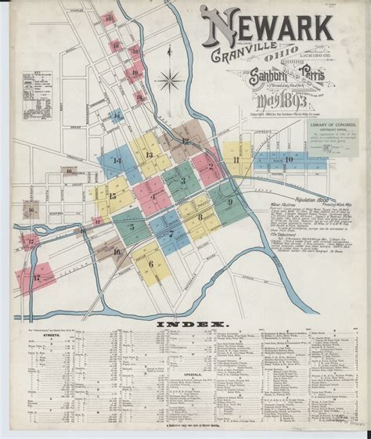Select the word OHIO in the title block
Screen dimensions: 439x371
(279, 56)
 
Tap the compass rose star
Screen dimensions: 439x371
(167, 81)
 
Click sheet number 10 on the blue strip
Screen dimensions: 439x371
(289, 160)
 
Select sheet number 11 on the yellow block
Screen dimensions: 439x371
(236, 160)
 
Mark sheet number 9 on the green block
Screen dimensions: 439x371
(229, 202)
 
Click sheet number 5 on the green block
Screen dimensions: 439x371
(131, 227)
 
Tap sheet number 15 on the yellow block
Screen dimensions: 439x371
(113, 196)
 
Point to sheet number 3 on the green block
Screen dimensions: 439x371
(183, 180)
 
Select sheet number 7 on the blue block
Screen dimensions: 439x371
(171, 233)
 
